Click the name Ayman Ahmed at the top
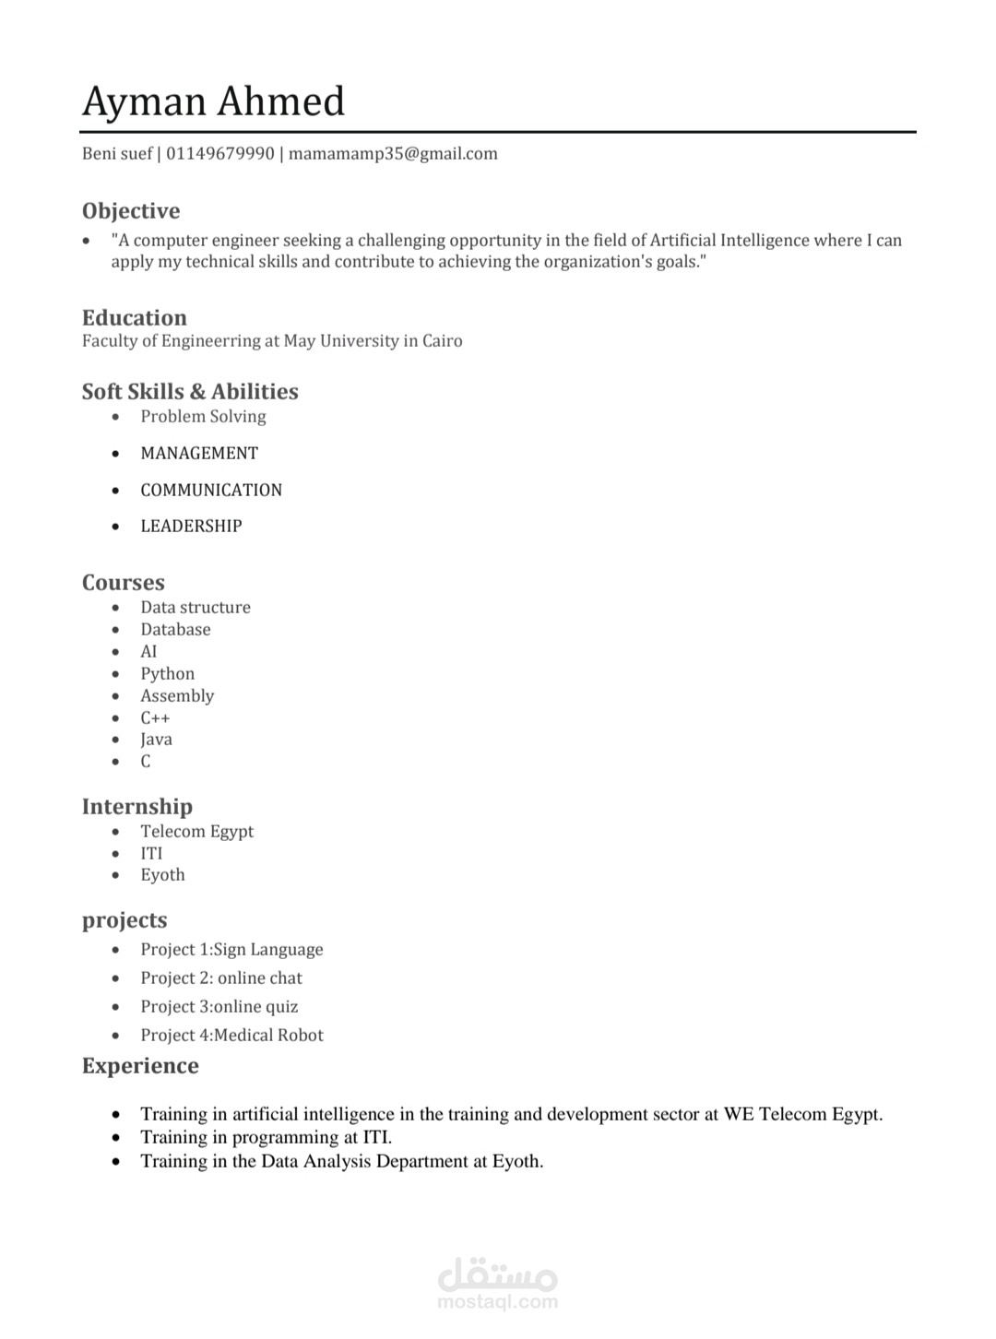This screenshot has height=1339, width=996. [213, 101]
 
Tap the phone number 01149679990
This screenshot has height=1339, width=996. [220, 154]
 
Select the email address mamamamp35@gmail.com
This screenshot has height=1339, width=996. [393, 154]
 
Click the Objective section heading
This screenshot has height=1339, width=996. [131, 211]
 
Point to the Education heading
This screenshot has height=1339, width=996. [135, 318]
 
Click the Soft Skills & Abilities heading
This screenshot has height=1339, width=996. [190, 392]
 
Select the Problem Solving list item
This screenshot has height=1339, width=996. [203, 417]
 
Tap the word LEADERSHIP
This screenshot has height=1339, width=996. [191, 527]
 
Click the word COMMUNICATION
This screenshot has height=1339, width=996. [211, 491]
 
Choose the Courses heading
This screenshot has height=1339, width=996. [124, 583]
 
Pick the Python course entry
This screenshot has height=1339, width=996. [167, 674]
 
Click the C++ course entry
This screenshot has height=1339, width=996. [155, 718]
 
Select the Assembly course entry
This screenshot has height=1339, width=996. [177, 696]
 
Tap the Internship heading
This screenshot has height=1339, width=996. [137, 807]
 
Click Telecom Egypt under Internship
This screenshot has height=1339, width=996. [196, 832]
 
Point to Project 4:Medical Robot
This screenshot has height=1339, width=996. [231, 1036]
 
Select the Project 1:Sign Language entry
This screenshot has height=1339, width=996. [231, 950]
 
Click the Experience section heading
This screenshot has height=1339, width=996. [140, 1066]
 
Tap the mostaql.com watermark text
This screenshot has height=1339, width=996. [498, 1302]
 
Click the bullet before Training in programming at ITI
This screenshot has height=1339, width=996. [115, 1138]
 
